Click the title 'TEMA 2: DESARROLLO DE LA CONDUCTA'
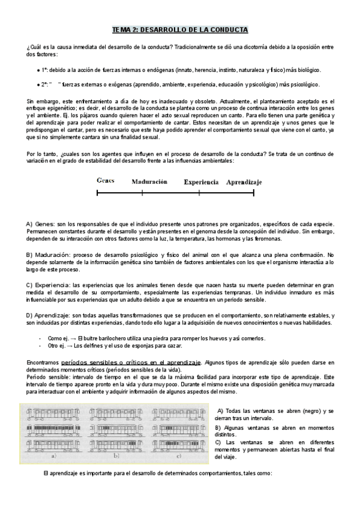coord(180,29)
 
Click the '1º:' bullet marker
coord(45,70)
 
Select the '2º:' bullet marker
coord(45,85)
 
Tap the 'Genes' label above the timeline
coord(106,181)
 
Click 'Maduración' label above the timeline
coord(149,181)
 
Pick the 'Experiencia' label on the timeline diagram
coord(200,181)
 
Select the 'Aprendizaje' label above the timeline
coord(244,181)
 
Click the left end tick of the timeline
coord(97,193)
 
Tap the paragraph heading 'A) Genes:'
coord(41,224)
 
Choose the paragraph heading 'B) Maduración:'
coord(48,255)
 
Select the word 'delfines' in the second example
coord(93,346)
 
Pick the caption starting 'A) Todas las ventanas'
coord(273,412)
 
